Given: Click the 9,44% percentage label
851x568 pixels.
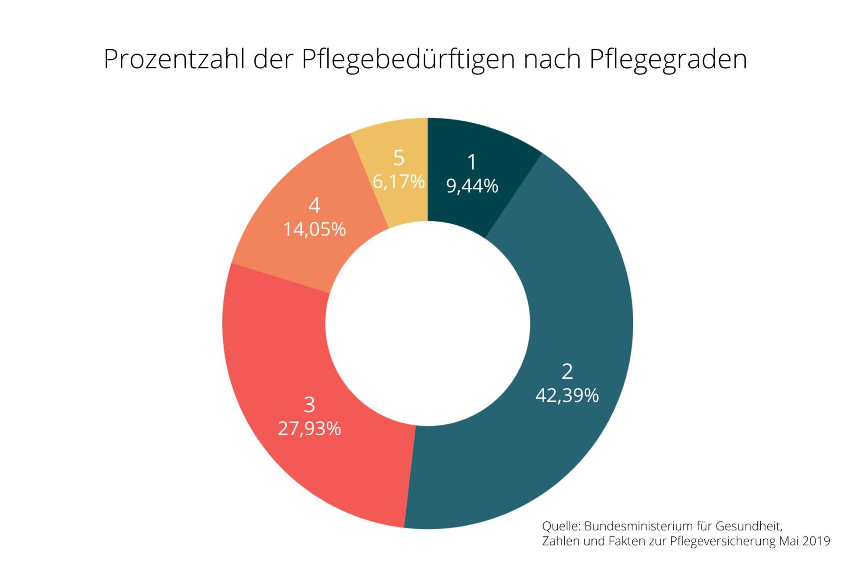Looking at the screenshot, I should point(472,186).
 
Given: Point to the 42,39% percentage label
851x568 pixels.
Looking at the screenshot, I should point(567,395).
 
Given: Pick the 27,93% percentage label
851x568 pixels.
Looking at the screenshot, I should point(309,429).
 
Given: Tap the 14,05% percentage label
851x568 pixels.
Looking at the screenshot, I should point(315,230).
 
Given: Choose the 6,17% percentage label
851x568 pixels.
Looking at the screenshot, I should point(399,182).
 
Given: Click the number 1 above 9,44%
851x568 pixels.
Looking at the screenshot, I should point(472,162).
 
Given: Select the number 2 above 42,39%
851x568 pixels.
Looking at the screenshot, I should point(567,372).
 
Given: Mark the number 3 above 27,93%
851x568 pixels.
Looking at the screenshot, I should point(309,405).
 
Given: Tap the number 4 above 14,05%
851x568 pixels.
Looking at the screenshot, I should point(315,206).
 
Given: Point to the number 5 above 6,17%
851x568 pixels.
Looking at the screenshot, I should point(399,158).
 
